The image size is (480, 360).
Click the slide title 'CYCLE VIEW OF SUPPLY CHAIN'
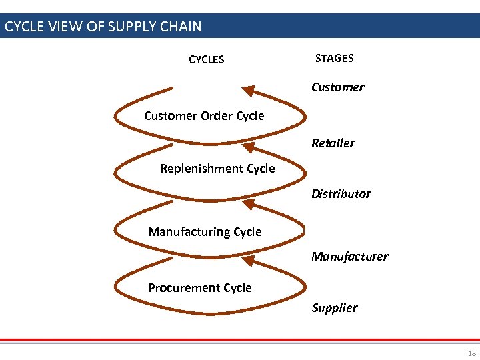click(x=103, y=27)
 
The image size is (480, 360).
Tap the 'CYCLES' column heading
click(x=207, y=60)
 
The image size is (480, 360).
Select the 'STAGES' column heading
click(x=334, y=59)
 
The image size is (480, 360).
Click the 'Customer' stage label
click(x=337, y=87)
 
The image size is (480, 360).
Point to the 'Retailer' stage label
click(x=333, y=143)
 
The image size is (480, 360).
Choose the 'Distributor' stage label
click(x=341, y=194)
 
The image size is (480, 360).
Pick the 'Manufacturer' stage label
click(x=349, y=257)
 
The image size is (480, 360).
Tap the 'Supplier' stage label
click(x=334, y=308)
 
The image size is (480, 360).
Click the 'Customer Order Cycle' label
click(x=204, y=116)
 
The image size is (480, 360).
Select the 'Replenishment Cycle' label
click(x=217, y=169)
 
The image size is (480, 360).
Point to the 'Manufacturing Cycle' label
click(x=205, y=232)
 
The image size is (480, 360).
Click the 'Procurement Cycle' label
click(x=199, y=288)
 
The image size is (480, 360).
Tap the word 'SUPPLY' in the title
click(x=131, y=27)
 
